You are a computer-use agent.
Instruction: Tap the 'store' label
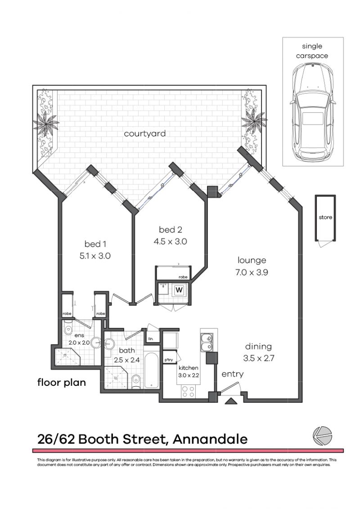(x=325, y=218)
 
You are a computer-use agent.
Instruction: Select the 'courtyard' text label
(x=145, y=134)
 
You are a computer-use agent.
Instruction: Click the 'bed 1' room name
(x=95, y=244)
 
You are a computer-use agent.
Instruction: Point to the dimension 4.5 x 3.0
(x=170, y=241)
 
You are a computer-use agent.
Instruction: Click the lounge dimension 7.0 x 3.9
(x=252, y=272)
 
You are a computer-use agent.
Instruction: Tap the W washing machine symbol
(x=179, y=290)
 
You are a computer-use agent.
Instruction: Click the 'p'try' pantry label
(x=169, y=360)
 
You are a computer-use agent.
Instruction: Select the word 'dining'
(x=258, y=346)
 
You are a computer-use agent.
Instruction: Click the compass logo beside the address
(x=322, y=436)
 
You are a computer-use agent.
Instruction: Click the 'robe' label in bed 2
(x=183, y=277)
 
